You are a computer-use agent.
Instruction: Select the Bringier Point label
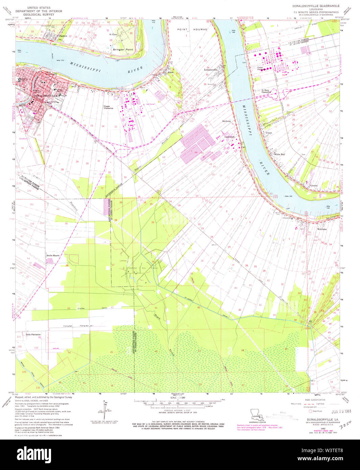(x=123, y=49)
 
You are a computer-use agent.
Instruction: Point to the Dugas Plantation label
(x=109, y=107)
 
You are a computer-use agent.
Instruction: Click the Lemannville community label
(x=211, y=70)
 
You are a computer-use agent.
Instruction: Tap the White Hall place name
(x=279, y=154)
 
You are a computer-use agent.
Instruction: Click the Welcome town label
(x=322, y=229)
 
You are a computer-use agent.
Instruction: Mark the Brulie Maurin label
(x=53, y=256)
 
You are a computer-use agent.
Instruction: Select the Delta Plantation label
(x=33, y=334)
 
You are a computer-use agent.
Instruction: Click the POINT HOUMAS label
(x=192, y=29)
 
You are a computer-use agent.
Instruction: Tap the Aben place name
(x=171, y=72)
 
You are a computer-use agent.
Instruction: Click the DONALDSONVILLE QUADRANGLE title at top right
(x=316, y=6)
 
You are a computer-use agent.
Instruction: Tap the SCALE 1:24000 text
(x=179, y=397)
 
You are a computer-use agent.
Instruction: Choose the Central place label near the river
(x=313, y=186)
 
